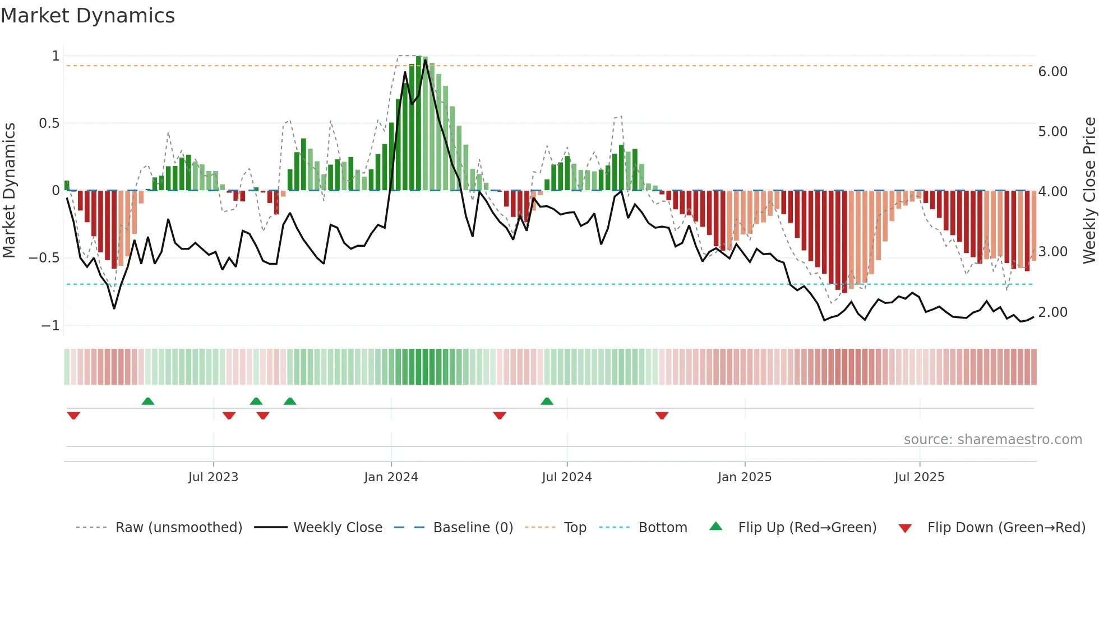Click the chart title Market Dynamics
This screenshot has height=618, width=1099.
tap(87, 16)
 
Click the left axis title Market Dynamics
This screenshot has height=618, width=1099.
tap(9, 190)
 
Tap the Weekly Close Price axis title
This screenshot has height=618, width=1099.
tap(1089, 190)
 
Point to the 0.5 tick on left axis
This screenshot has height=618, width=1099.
tap(49, 123)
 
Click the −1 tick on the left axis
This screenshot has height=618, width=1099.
tap(50, 326)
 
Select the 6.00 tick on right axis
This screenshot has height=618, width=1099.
tap(1052, 72)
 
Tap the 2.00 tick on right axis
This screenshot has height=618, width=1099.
tap(1052, 312)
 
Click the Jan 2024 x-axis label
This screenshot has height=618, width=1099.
tap(391, 477)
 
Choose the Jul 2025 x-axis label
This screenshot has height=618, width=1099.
tap(919, 477)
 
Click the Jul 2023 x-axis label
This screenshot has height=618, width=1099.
tap(213, 477)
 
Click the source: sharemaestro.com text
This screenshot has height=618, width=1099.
tap(992, 440)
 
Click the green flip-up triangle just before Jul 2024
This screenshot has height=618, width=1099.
tap(547, 402)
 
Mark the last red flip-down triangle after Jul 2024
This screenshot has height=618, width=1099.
tap(662, 416)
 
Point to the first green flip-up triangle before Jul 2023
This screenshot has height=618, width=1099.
tap(147, 402)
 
